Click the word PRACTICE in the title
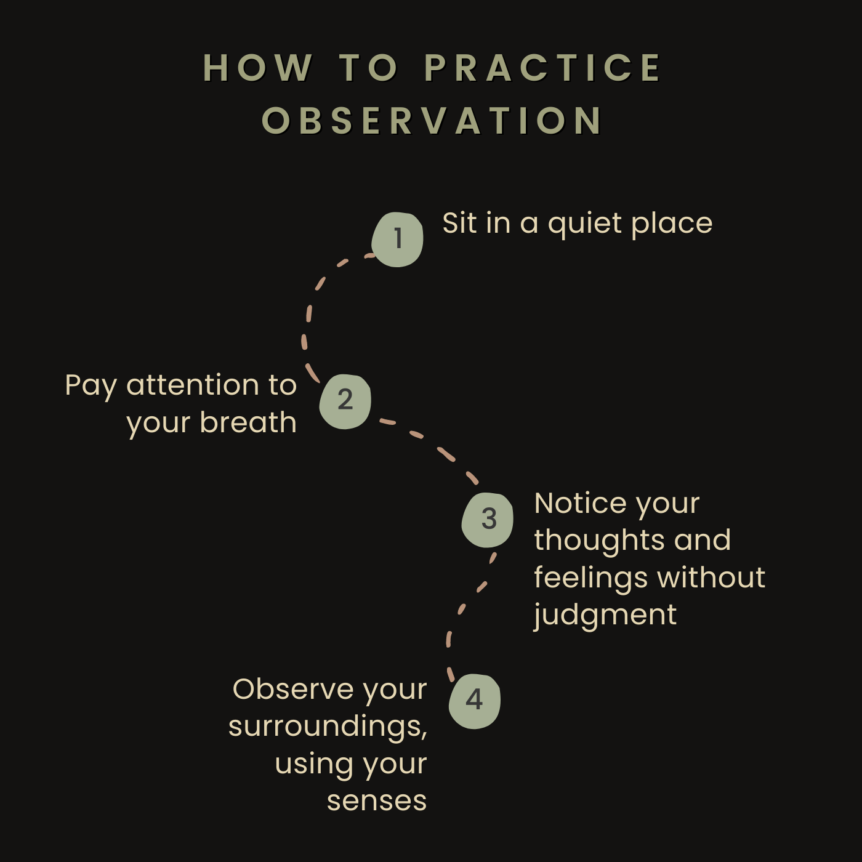(542, 68)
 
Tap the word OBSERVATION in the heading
(432, 121)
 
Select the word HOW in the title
(258, 68)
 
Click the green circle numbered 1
(398, 239)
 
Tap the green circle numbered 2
(345, 401)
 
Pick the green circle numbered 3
(488, 520)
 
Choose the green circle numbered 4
(474, 701)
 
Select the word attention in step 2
(193, 385)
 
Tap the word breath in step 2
(248, 423)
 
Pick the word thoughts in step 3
(599, 541)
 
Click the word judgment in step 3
(605, 615)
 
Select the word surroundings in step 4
(326, 727)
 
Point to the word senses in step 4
(377, 801)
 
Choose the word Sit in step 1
(459, 224)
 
